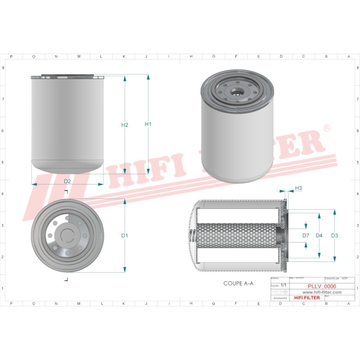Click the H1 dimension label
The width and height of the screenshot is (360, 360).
(148, 124)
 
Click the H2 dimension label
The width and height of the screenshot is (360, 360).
(125, 125)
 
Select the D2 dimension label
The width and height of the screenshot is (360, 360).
(67, 181)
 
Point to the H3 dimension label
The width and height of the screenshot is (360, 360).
(298, 188)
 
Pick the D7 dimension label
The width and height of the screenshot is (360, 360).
(306, 235)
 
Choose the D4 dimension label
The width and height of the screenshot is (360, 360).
(319, 235)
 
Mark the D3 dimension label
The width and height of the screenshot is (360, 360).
(334, 235)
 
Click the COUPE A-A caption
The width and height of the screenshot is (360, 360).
(238, 283)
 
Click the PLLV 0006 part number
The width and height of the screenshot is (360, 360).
(322, 286)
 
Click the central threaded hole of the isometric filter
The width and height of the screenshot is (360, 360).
(236, 93)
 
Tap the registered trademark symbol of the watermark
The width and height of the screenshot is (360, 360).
(327, 129)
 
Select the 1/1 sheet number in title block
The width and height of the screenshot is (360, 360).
(283, 286)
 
